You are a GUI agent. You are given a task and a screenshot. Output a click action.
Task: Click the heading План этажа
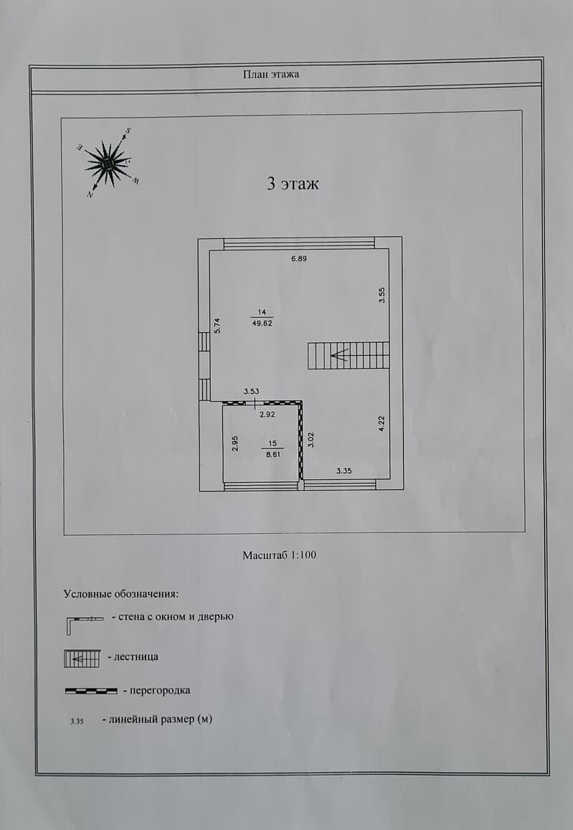271,74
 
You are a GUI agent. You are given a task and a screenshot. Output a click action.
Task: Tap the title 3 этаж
293,184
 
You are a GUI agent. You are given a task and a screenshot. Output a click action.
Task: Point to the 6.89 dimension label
299,259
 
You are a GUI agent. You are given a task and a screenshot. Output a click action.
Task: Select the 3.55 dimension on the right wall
382,295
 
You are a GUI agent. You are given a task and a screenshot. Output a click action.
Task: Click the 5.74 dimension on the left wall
217,325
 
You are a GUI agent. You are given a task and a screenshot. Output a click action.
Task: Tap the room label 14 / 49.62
262,318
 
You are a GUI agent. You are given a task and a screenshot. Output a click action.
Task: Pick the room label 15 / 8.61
273,449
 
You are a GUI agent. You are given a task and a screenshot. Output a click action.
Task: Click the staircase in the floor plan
349,356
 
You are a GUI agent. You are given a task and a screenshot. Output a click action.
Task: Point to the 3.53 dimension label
251,391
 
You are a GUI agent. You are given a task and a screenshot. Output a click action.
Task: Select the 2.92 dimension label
267,415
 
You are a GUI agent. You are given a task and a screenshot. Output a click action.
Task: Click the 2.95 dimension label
235,443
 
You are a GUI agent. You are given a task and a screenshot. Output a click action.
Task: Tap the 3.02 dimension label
311,440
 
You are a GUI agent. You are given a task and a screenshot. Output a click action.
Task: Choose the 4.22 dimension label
382,424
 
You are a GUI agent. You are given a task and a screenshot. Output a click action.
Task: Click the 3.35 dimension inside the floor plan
344,470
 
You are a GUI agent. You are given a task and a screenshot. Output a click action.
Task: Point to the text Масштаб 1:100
280,555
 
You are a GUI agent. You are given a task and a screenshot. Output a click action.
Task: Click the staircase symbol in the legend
82,659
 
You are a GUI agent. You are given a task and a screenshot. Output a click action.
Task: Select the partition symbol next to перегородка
91,691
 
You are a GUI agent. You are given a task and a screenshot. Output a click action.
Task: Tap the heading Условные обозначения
121,593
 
